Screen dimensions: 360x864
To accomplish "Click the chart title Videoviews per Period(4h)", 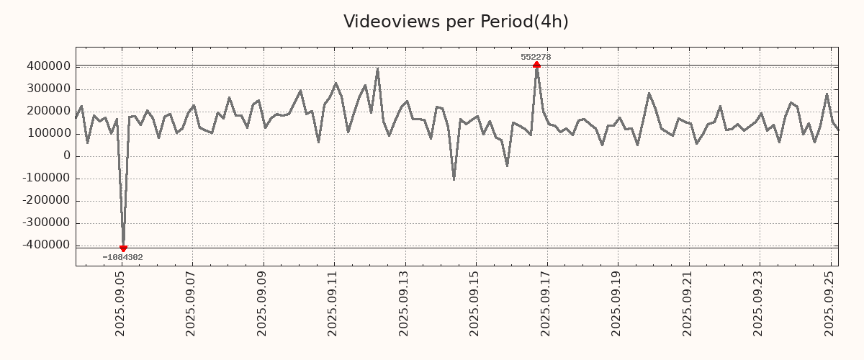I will (456, 22).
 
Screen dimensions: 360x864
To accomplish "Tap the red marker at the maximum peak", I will (536, 65).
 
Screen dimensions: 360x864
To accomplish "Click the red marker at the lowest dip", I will (123, 248).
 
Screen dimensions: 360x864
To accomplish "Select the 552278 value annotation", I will (536, 57).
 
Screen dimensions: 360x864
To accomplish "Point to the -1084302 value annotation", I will (122, 257).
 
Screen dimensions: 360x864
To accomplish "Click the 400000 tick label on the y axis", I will (47, 66).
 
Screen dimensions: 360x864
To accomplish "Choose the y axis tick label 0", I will (67, 156).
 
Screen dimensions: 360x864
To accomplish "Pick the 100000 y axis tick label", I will (47, 134).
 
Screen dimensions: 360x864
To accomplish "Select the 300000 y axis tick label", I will (47, 89).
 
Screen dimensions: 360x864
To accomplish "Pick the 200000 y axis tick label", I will (47, 111).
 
